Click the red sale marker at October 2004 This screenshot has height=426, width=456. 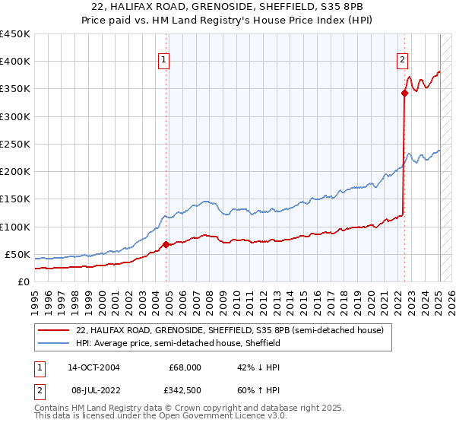pyautogui.click(x=166, y=245)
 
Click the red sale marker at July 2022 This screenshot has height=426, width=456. pyautogui.click(x=404, y=94)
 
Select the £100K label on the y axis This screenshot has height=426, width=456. pyautogui.click(x=14, y=227)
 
